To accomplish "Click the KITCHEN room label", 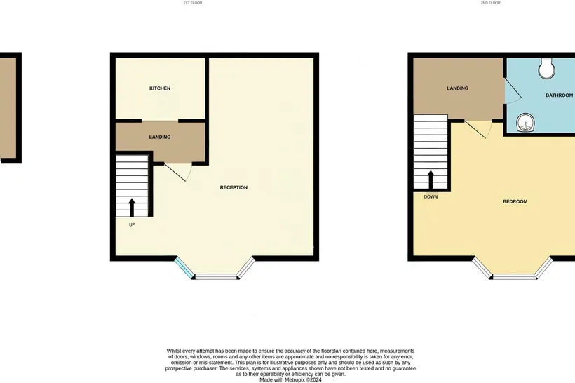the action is (160, 88).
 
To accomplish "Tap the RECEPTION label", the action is (234, 187).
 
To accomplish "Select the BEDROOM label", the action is (515, 201).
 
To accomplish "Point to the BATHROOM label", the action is (560, 95).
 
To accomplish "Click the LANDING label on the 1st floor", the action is (160, 137).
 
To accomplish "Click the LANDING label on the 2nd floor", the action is (458, 88).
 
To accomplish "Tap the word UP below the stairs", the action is (132, 225).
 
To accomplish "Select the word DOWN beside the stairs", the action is (431, 197).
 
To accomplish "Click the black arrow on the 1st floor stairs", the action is (132, 207).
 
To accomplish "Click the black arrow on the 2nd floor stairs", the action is (431, 180).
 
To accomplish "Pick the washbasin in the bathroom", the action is (525, 122).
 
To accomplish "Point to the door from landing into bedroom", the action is (478, 129).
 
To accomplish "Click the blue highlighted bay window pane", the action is (184, 268).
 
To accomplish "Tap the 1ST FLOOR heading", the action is (193, 3).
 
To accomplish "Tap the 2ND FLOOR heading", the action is (490, 3).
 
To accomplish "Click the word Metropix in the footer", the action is (295, 380).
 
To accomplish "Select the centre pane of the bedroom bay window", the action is (514, 276).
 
